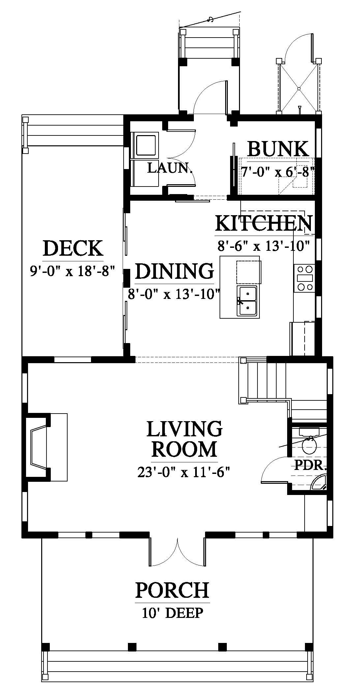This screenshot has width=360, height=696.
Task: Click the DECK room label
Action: click(x=73, y=248)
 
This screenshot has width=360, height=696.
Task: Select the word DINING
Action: click(x=174, y=271)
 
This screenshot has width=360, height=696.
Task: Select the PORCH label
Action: click(x=172, y=590)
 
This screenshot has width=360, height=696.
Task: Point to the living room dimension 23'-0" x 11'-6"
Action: click(x=183, y=473)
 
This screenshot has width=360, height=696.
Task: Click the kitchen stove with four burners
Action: click(x=305, y=278)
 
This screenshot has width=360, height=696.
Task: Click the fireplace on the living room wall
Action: click(x=40, y=447)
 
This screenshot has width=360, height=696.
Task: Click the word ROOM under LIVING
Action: click(x=184, y=449)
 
